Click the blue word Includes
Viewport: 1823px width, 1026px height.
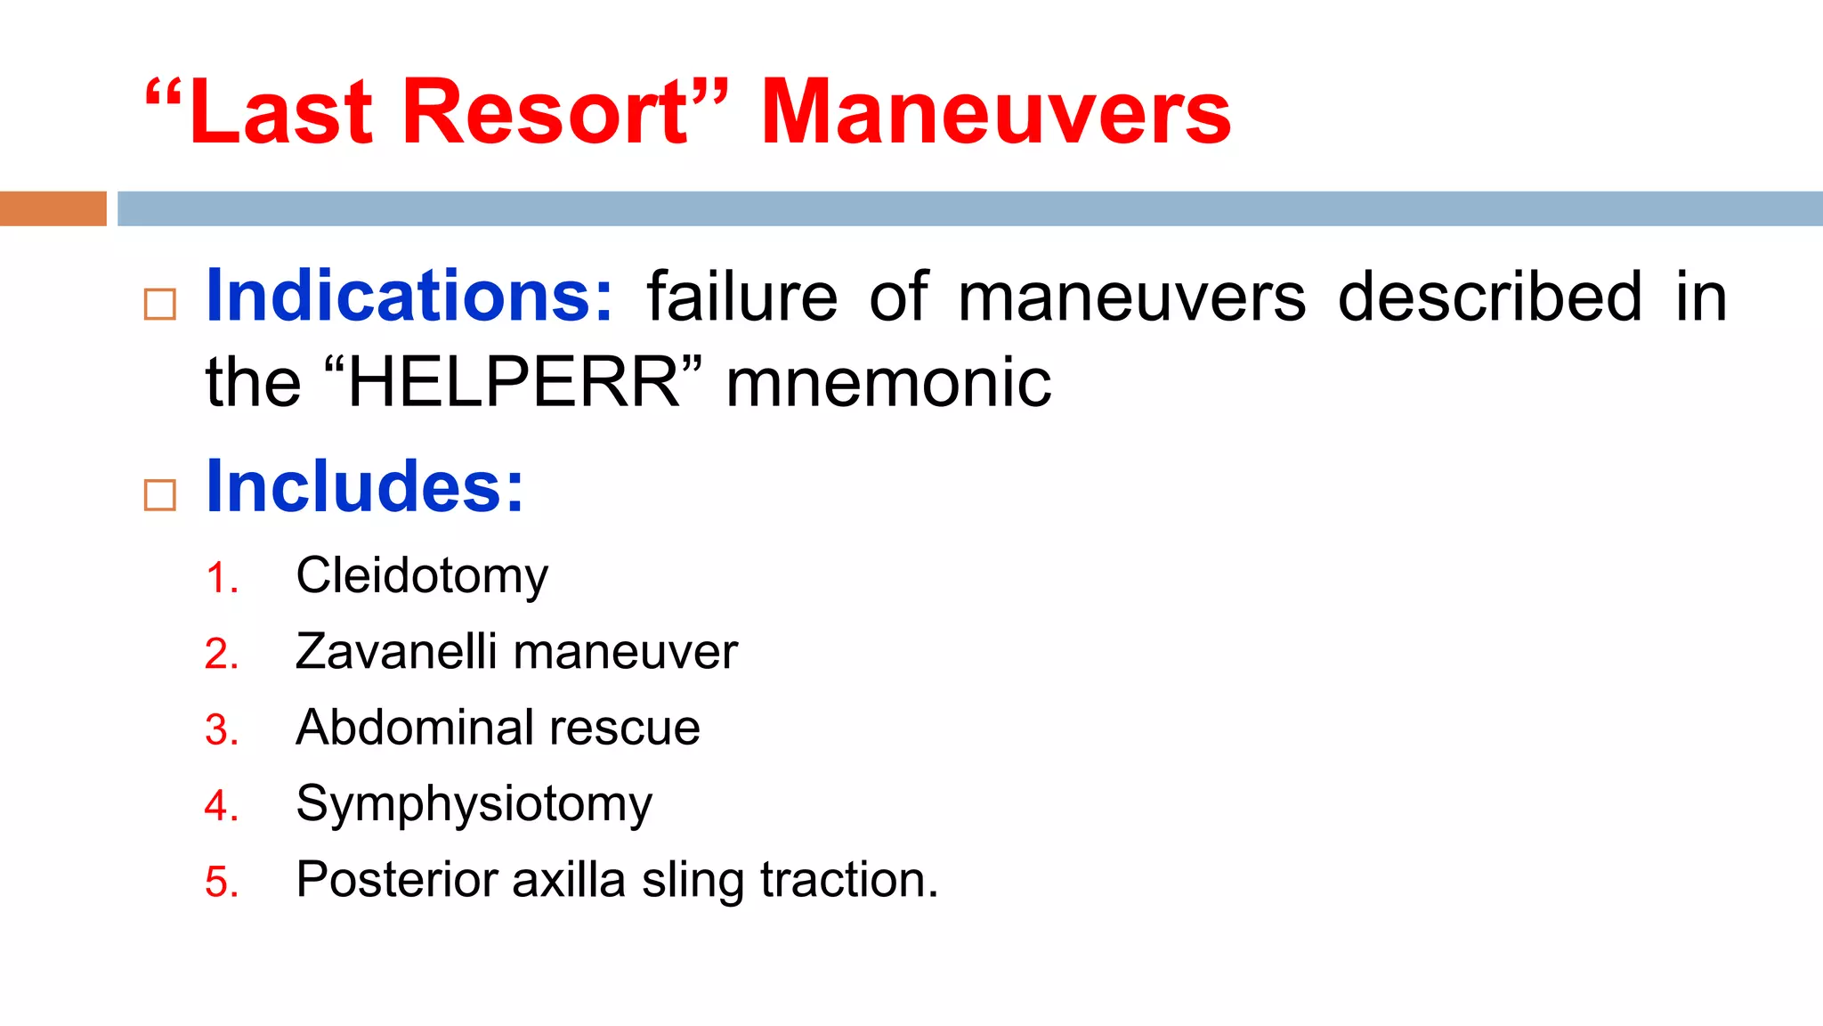pos(364,486)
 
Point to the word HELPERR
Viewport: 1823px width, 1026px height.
pos(514,382)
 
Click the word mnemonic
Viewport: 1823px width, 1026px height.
pos(888,382)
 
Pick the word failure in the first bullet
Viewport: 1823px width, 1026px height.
pos(741,297)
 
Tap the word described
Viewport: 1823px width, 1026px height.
pos(1489,297)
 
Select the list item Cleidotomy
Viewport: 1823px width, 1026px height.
pos(422,575)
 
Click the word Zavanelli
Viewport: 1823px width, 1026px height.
pos(396,651)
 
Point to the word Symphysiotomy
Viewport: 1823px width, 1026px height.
pos(474,804)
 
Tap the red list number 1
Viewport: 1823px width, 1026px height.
pos(220,578)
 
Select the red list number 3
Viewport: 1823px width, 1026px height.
pos(221,730)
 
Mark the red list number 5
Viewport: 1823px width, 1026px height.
pos(221,883)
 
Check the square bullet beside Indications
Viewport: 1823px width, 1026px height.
pos(160,305)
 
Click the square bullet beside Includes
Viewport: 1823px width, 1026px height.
pos(160,495)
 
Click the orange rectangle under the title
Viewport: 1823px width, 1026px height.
pos(53,208)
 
